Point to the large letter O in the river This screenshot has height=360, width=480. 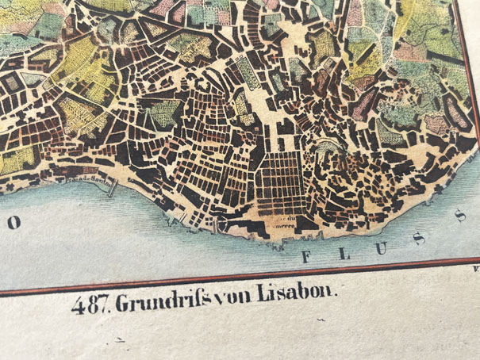coord(13,224)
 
